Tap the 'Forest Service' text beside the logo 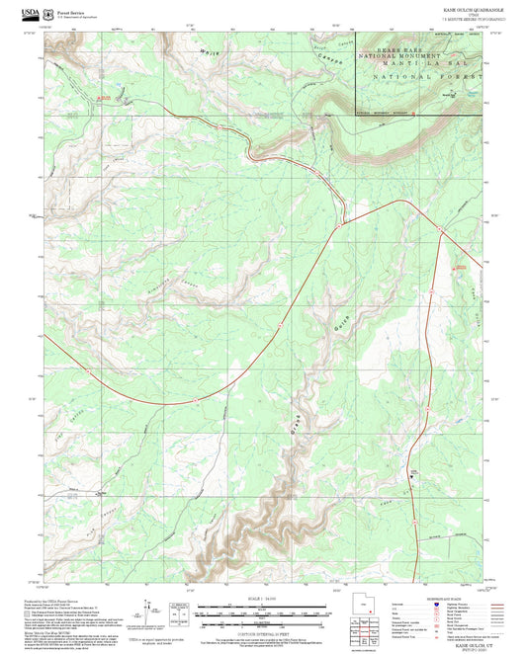(69, 12)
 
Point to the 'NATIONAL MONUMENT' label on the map (404, 57)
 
